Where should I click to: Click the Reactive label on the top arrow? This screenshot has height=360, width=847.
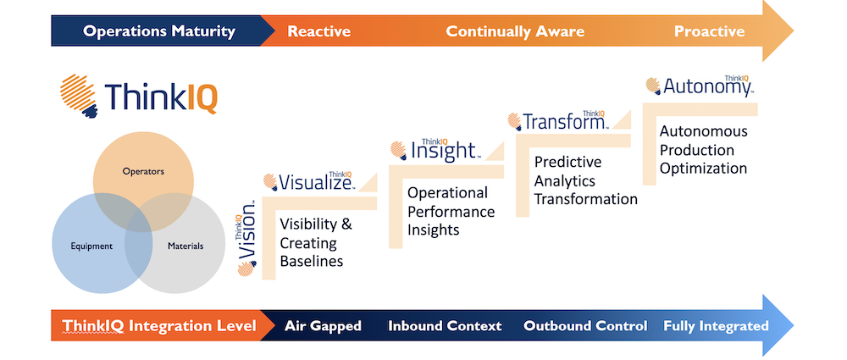[x=318, y=31]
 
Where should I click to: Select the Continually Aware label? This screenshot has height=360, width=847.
[x=515, y=31]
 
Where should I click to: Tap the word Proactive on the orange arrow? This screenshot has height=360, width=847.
[x=709, y=31]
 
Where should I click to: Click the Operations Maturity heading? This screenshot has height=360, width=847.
[x=159, y=31]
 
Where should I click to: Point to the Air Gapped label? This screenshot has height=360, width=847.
[x=323, y=326]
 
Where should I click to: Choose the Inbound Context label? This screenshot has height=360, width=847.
[x=445, y=326]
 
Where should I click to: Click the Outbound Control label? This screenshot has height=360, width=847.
[x=585, y=326]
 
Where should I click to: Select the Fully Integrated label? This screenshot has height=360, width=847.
[x=716, y=326]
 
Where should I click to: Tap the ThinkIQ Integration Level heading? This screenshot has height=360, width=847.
[x=159, y=326]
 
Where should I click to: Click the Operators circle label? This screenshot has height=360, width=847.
[x=143, y=172]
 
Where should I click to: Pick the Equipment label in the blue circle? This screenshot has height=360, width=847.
[x=91, y=246]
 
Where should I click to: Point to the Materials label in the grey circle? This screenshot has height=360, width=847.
[x=185, y=246]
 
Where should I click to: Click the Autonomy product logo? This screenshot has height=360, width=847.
[x=700, y=85]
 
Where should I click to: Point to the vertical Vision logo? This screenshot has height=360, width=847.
[x=246, y=238]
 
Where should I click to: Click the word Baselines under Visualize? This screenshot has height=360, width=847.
[x=311, y=261]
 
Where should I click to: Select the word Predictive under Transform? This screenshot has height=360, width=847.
[x=567, y=162]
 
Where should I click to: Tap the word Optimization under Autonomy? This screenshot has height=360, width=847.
[x=703, y=168]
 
